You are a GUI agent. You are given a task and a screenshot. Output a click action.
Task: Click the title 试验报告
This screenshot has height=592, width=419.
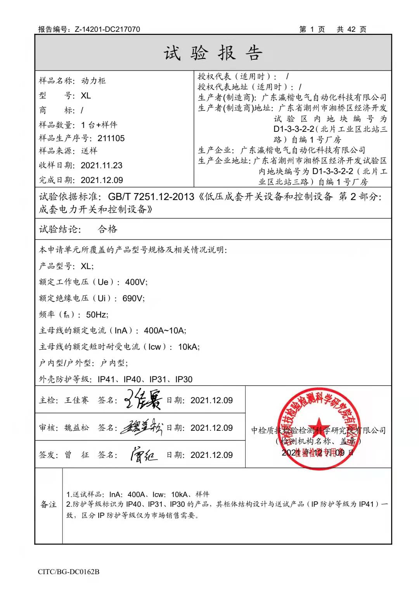click(x=213, y=53)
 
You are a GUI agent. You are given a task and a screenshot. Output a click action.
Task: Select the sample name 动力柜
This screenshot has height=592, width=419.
click(x=93, y=81)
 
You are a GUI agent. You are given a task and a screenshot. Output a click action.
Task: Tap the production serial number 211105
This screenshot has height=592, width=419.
click(x=111, y=138)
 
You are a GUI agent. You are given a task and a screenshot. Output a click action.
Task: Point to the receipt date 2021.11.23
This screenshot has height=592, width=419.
click(x=102, y=166)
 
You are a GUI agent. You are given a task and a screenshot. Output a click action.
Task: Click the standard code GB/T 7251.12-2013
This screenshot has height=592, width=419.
click(x=151, y=197)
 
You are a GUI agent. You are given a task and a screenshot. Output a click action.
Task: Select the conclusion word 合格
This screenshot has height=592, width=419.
click(x=107, y=229)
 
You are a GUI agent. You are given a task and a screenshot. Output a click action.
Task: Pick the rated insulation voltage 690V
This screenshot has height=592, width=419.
click(x=133, y=299)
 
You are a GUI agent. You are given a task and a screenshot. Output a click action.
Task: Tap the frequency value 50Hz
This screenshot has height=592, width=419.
click(x=97, y=314)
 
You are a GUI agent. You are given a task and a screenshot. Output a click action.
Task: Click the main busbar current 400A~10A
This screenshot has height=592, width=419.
click(x=165, y=331)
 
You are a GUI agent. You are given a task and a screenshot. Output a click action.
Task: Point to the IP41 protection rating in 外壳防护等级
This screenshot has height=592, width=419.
click(x=106, y=379)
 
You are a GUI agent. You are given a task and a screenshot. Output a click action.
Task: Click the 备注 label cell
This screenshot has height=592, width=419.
click(x=48, y=504)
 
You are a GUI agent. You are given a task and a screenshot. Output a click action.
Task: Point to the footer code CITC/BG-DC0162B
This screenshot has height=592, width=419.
click(x=69, y=572)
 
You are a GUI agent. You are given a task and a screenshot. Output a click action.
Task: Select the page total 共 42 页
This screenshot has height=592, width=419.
click(x=351, y=29)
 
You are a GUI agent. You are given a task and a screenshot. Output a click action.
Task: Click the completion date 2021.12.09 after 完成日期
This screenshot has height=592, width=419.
click(x=102, y=180)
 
